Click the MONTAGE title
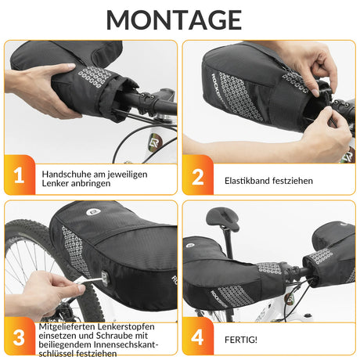pos(179,19)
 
